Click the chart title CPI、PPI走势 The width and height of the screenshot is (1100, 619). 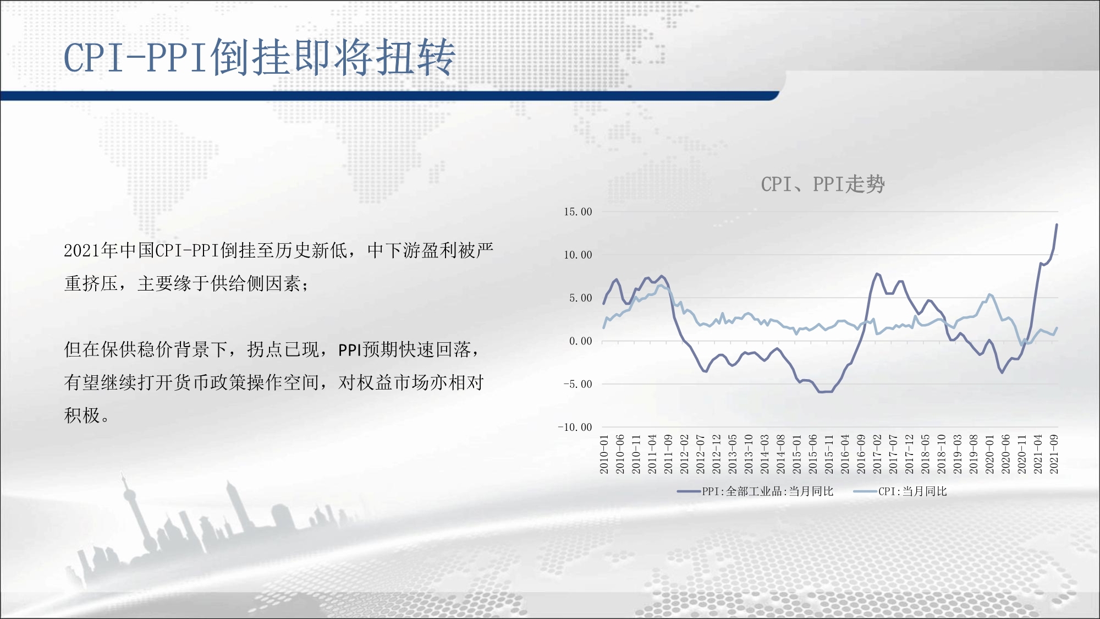pyautogui.click(x=823, y=184)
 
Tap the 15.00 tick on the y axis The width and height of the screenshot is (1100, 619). pyautogui.click(x=578, y=212)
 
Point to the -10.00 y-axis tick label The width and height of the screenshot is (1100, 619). pyautogui.click(x=575, y=427)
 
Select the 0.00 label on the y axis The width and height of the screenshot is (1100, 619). pyautogui.click(x=581, y=341)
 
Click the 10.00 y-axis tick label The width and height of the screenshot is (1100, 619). pyautogui.click(x=578, y=255)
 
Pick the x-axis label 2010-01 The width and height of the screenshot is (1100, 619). pyautogui.click(x=604, y=454)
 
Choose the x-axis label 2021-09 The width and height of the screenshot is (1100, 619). pyautogui.click(x=1054, y=454)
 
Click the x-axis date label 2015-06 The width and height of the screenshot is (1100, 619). pyautogui.click(x=813, y=454)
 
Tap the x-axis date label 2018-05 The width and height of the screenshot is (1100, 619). pyautogui.click(x=925, y=454)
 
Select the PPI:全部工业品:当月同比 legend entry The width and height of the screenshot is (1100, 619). pyautogui.click(x=756, y=491)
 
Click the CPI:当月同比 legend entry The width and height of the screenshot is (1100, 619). pyautogui.click(x=900, y=491)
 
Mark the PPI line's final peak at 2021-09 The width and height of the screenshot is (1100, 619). pyautogui.click(x=1057, y=224)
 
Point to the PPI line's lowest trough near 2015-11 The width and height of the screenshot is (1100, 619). pyautogui.click(x=824, y=392)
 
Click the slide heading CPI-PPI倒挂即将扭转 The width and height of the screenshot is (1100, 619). pyautogui.click(x=260, y=57)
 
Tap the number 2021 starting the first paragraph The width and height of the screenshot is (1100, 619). pyautogui.click(x=82, y=251)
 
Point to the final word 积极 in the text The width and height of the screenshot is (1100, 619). pyautogui.click(x=82, y=415)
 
